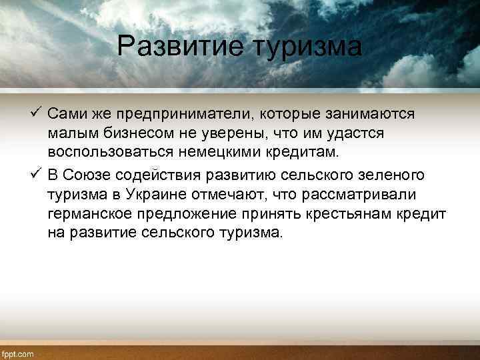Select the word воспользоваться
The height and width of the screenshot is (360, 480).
[110, 154]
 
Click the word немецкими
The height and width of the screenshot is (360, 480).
[222, 154]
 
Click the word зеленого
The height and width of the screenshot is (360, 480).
[393, 175]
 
